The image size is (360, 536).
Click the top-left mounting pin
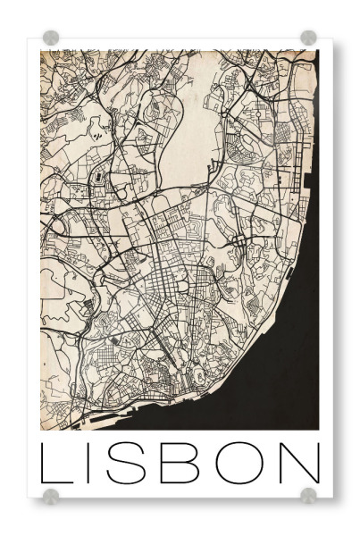[51, 38]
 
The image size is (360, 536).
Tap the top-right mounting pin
[308, 38]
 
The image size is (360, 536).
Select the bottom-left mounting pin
[51, 496]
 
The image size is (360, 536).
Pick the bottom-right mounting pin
[308, 496]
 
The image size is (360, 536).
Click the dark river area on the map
[277, 357]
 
